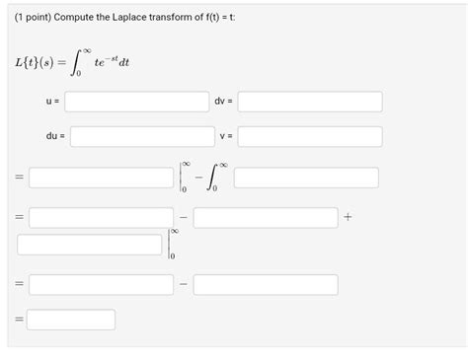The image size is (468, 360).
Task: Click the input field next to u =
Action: click(137, 102)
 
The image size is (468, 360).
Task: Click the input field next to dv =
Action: click(310, 102)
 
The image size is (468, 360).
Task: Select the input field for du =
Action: click(142, 136)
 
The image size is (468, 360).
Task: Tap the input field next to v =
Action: click(310, 136)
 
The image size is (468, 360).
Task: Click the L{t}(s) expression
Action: click(39, 64)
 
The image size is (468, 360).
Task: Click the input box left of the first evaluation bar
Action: click(101, 178)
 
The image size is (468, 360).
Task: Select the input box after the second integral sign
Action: click(306, 178)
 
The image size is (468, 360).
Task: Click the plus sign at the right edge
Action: click(349, 217)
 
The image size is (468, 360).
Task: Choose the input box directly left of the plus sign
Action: click(265, 217)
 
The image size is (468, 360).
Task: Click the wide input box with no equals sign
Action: click(89, 244)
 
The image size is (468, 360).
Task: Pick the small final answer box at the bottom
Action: click(71, 320)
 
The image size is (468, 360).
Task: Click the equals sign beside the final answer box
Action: click(17, 320)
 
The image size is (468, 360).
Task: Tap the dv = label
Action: click(221, 102)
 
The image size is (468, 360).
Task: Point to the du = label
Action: click(55, 136)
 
